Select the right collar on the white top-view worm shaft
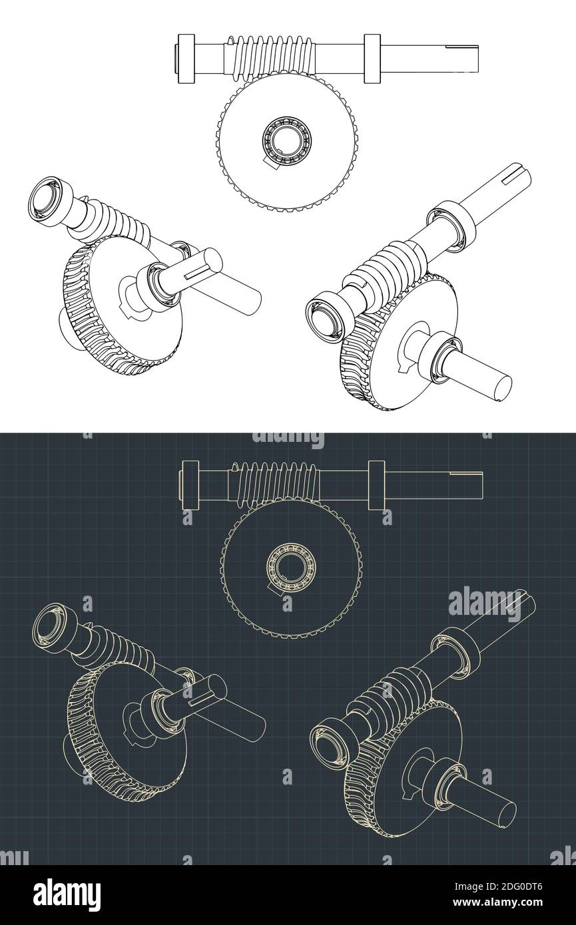[372, 59]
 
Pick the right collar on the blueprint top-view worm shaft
[375, 484]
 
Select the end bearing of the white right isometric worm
[326, 312]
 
